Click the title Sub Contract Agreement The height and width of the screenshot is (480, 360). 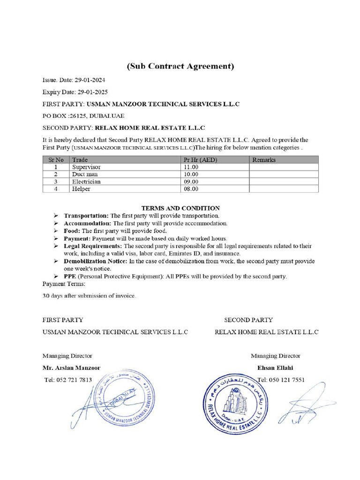(x=180, y=66)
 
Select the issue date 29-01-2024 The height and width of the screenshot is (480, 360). (x=90, y=81)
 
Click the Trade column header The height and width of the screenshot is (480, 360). (x=80, y=160)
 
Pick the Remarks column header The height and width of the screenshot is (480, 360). (x=264, y=160)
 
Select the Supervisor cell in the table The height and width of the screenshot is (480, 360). (x=86, y=167)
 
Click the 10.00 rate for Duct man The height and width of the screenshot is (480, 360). (x=191, y=174)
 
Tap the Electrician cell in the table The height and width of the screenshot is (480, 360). (x=86, y=181)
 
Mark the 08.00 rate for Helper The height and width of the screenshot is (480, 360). (x=191, y=188)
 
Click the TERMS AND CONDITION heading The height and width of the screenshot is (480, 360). (x=180, y=208)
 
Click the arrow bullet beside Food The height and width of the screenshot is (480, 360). (x=56, y=231)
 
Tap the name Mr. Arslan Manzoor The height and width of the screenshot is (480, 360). (x=71, y=368)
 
